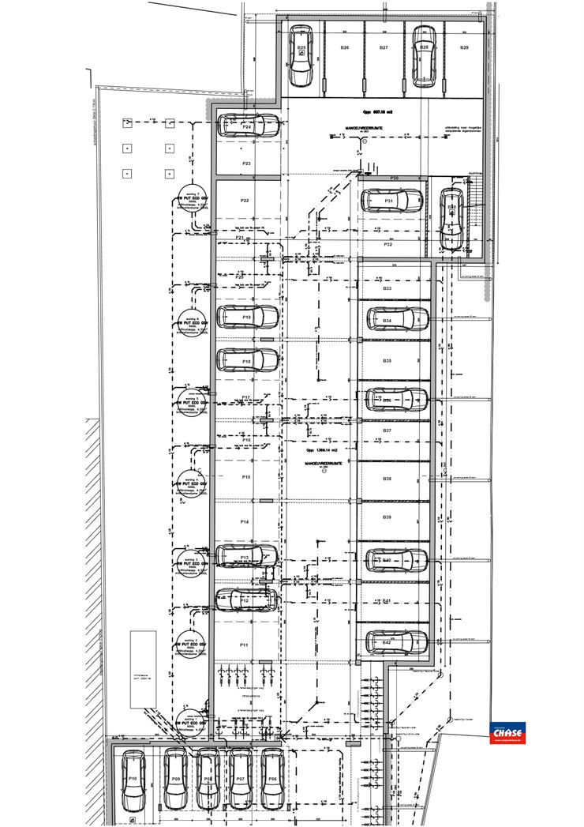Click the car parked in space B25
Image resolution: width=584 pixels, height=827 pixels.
pos(301,56)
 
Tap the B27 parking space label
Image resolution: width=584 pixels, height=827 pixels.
pos(384,48)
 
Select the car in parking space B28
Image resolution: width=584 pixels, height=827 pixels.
pos(424,56)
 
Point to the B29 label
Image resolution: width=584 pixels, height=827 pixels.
pos(465,48)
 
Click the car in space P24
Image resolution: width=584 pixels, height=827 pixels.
pos(247,126)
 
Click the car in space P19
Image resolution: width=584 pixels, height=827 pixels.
pos(247,317)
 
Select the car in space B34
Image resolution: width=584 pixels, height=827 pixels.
pos(398,320)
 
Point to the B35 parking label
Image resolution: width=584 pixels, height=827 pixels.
pos(387,360)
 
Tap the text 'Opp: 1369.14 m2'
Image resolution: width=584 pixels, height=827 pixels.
pos(322,449)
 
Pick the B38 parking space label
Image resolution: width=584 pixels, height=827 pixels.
pos(387,479)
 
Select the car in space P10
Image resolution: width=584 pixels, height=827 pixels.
pos(133,779)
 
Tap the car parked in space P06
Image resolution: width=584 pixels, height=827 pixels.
pos(271,779)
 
